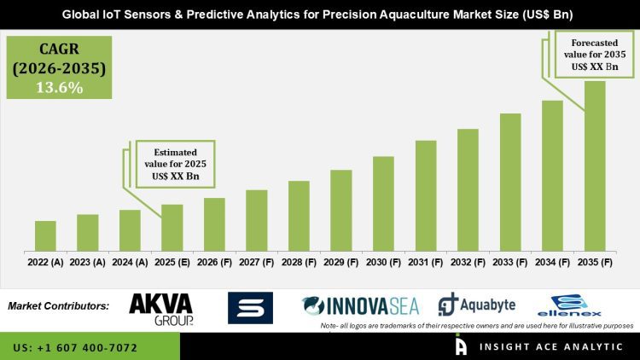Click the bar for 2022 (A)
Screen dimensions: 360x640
point(45,235)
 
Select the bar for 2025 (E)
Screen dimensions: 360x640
point(172,227)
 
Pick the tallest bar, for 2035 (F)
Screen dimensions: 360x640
point(595,165)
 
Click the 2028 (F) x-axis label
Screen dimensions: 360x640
point(299,263)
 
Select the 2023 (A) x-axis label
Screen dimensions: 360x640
point(87,263)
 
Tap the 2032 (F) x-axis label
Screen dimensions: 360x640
point(468,263)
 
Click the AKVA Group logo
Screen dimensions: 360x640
point(160,308)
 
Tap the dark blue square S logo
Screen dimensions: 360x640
point(250,308)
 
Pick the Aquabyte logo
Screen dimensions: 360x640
point(474,305)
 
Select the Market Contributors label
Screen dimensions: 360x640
point(58,305)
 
